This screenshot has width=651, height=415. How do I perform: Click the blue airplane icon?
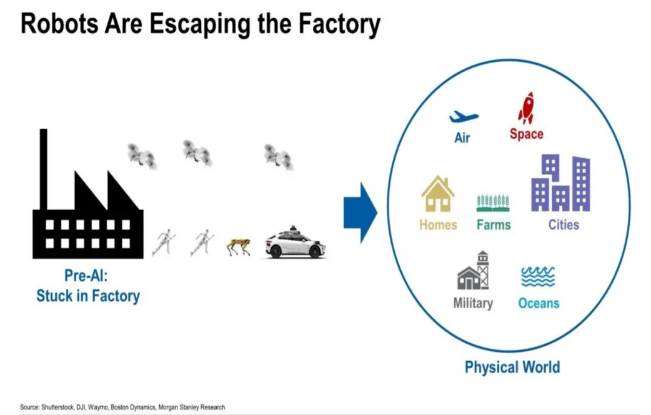tap(463, 117)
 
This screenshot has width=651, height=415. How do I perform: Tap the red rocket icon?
tap(526, 108)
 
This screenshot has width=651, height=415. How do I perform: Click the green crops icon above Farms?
tap(493, 202)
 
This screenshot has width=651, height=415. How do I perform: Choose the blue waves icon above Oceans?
tap(538, 276)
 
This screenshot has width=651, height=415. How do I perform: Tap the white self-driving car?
tap(295, 244)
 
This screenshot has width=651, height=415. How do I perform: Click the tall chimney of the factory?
tap(43, 169)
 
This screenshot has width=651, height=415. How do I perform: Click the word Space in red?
tap(526, 134)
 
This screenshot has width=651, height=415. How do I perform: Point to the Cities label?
tap(564, 224)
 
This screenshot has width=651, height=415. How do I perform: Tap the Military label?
tap(473, 303)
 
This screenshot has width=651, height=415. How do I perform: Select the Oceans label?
tap(539, 304)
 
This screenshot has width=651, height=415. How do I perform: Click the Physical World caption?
tap(512, 367)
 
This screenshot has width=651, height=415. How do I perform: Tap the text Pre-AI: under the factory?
tap(87, 276)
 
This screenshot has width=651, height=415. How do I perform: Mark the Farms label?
tap(493, 224)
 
